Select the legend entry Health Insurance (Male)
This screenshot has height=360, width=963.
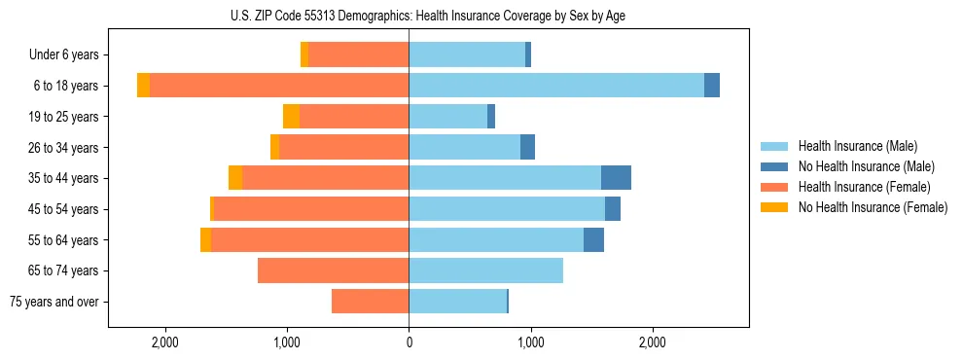[857, 146]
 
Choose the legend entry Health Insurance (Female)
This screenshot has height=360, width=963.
[864, 187]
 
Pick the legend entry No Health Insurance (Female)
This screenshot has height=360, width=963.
[873, 207]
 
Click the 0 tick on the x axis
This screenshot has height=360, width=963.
[409, 342]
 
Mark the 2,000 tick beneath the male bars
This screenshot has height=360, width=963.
[653, 342]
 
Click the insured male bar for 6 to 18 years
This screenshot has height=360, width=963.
[556, 86]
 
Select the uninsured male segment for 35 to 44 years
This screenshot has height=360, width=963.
[616, 178]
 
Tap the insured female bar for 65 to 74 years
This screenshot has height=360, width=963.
[333, 270]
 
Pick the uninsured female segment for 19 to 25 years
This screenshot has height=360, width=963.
[291, 117]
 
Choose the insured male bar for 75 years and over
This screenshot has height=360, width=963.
[457, 302]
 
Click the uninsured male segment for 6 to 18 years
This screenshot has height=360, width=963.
[712, 86]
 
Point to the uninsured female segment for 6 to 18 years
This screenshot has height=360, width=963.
[144, 86]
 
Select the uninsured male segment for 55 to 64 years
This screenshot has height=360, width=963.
[593, 239]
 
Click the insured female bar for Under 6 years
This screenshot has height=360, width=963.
[358, 55]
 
